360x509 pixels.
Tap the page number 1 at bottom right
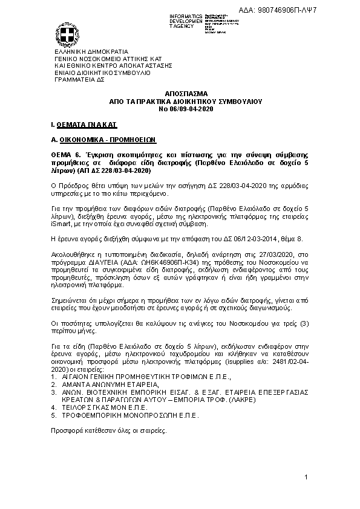coord(307,479)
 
